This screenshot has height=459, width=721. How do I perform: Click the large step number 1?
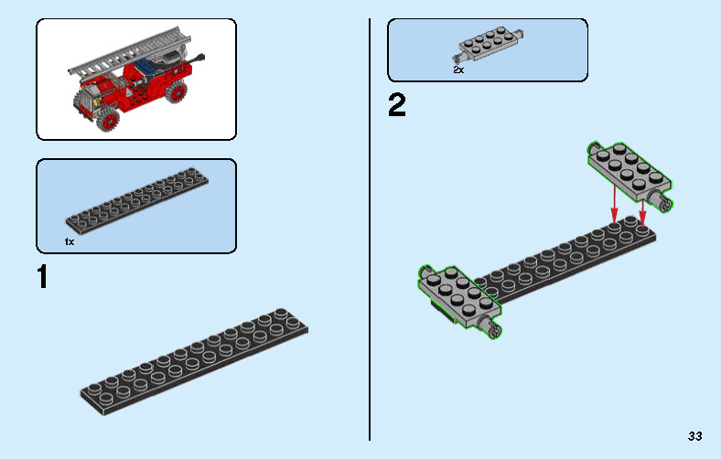click(x=43, y=277)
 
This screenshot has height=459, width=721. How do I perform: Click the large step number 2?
click(x=397, y=105)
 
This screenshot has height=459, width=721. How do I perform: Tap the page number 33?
click(x=694, y=435)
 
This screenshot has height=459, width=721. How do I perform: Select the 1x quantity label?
click(x=69, y=241)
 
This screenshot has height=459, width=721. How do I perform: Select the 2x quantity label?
click(x=458, y=69)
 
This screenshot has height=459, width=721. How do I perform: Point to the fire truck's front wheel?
click(x=109, y=121)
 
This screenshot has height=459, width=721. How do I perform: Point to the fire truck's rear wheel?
click(x=177, y=92)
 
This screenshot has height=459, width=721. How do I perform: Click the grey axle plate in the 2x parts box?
click(x=489, y=45)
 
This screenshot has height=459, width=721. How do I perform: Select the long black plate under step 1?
click(x=194, y=362)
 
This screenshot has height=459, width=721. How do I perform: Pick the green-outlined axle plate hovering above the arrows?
click(x=630, y=175)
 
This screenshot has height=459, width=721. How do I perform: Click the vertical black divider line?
click(x=370, y=229)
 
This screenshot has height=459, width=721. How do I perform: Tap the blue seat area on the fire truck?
click(x=147, y=66)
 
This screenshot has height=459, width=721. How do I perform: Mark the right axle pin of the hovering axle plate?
click(x=662, y=201)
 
